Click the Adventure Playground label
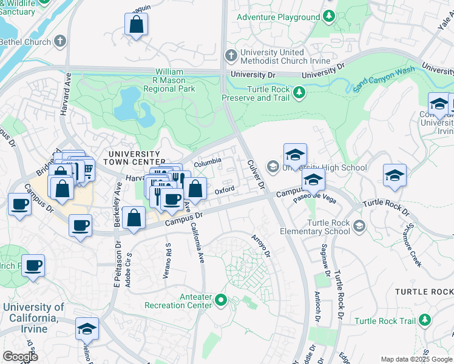pos(277,17)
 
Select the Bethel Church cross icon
pos(59,41)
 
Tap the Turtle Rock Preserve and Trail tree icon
pos(299,92)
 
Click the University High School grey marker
pos(273,167)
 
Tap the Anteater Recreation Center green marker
pos(222,300)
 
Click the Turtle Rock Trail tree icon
pos(425,320)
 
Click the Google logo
pos(20,357)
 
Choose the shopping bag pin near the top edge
pos(137,25)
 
